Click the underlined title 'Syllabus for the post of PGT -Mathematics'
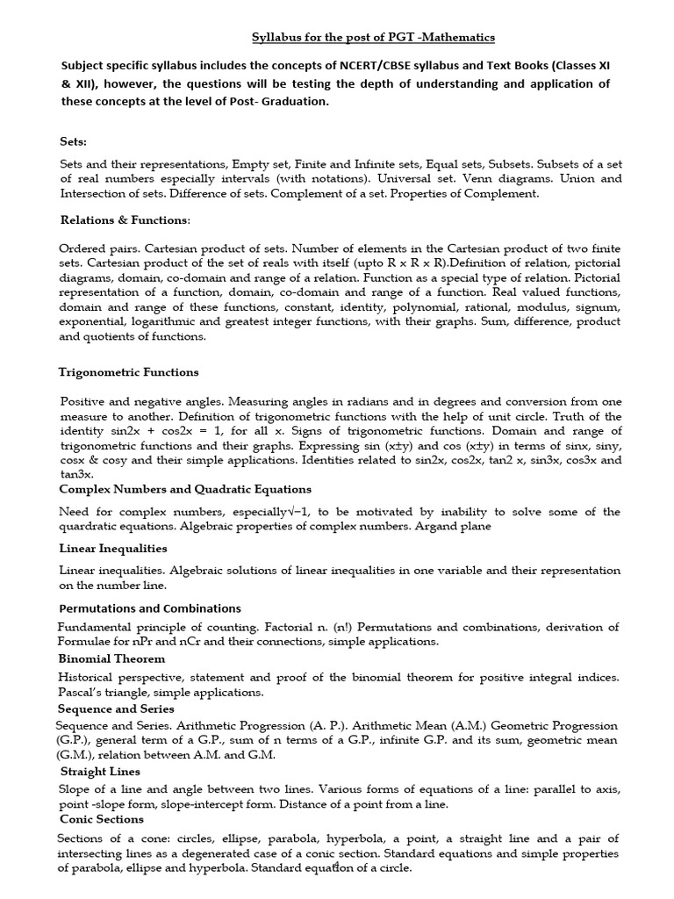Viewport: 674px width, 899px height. point(373,37)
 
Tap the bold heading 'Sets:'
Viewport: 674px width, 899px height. point(74,140)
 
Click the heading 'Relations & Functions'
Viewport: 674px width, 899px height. point(124,219)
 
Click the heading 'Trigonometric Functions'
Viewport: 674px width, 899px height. point(129,372)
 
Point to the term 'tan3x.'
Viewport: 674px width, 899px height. point(76,473)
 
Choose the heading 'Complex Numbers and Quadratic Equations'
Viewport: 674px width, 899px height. point(184,489)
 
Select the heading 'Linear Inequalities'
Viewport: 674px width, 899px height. point(112,549)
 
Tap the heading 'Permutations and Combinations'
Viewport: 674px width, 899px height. point(149,608)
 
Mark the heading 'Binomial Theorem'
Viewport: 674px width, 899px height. point(111,658)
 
